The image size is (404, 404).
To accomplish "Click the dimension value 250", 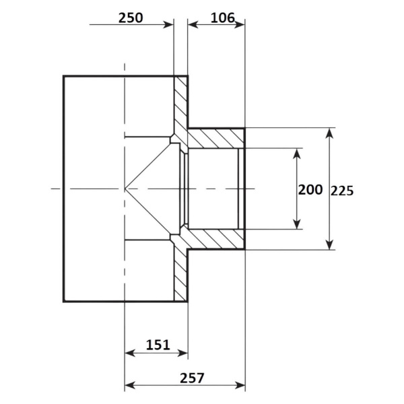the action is (x=131, y=18).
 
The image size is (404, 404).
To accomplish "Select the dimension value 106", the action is (x=223, y=18).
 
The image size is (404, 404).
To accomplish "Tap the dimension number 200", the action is (x=310, y=190).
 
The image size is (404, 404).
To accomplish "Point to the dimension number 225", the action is (x=342, y=191).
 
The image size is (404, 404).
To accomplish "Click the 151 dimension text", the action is (x=158, y=345).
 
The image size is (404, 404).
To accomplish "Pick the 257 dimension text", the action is (x=192, y=378).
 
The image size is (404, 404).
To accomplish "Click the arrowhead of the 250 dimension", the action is (x=169, y=25).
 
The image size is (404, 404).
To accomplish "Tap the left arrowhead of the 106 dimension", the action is (x=193, y=25).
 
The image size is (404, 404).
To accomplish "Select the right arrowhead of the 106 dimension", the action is (x=240, y=25).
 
